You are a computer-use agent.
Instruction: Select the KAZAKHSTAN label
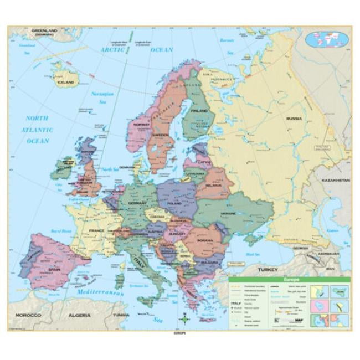336,181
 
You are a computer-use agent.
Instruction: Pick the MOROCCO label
28,315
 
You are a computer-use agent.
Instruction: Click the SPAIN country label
54,269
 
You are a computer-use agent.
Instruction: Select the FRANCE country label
97,229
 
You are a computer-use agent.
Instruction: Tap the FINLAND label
199,110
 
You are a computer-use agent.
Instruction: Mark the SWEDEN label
160,135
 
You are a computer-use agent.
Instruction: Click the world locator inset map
327,39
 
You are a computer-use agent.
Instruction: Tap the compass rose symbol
185,320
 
